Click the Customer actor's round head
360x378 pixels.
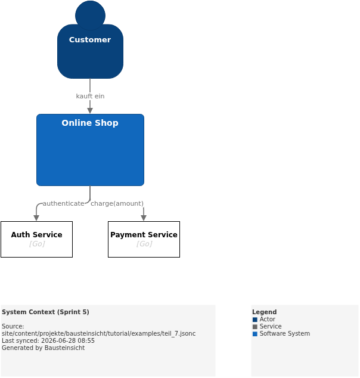pyautogui.click(x=90, y=15)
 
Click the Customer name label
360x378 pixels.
pyautogui.click(x=90, y=40)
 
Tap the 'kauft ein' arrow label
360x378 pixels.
pyautogui.click(x=90, y=96)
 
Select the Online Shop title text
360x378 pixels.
pyautogui.click(x=90, y=123)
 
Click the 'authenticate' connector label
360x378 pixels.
pyautogui.click(x=63, y=204)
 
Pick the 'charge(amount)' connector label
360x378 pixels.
pyautogui.click(x=117, y=204)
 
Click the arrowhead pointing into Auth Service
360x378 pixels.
pyautogui.click(x=36, y=218)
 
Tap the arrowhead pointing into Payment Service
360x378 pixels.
pyautogui.click(x=144, y=218)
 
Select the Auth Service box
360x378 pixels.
pyautogui.click(x=36, y=240)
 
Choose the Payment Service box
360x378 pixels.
pyautogui.click(x=144, y=240)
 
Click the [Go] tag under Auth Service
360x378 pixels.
pyautogui.click(x=37, y=244)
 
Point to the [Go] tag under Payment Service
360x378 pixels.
pyautogui.click(x=144, y=244)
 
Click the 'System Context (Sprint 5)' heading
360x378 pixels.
pyautogui.click(x=45, y=312)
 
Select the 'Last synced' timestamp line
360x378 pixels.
pyautogui.click(x=48, y=340)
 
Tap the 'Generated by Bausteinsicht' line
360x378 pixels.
pyautogui.click(x=43, y=348)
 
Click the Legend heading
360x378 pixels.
pyautogui.click(x=264, y=312)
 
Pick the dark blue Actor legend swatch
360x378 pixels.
pyautogui.click(x=255, y=320)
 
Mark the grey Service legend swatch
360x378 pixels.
pyautogui.click(x=255, y=327)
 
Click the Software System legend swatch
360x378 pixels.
pyautogui.click(x=255, y=334)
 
